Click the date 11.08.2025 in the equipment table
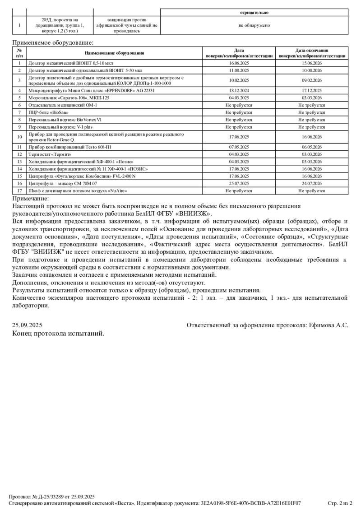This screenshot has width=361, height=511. click(x=239, y=70)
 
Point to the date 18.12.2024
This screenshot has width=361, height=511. click(x=239, y=90)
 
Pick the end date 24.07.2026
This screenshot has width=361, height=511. click(x=311, y=184)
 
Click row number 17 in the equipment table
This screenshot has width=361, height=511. click(x=19, y=191)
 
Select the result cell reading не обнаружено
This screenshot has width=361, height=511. click(x=254, y=25)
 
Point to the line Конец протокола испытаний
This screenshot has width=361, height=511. click(x=58, y=334)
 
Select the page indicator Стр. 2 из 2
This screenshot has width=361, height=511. click(x=340, y=503)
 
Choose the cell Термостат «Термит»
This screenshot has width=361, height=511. click(x=50, y=154)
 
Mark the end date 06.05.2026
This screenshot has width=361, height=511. click(x=311, y=147)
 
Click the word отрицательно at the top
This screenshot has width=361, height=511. click(x=254, y=13)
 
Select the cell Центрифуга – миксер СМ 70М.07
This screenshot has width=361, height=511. click(x=63, y=184)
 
